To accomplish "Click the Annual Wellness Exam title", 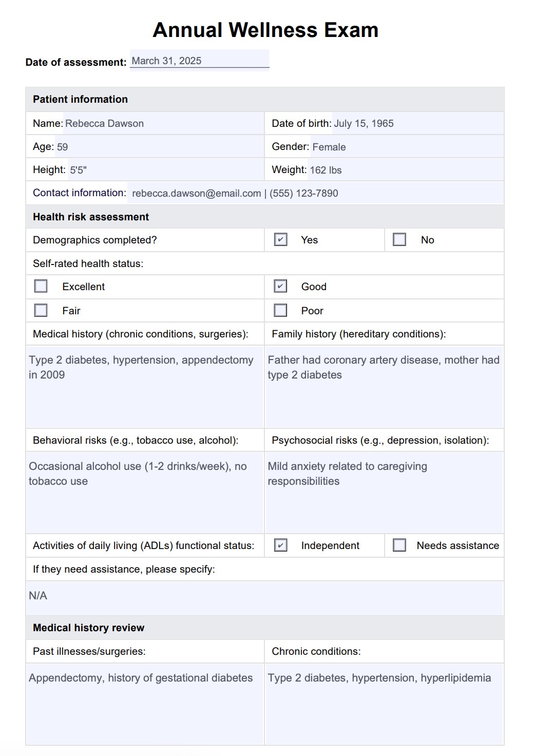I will [x=265, y=30].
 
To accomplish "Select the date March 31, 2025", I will [x=166, y=61].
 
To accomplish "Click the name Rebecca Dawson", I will [x=104, y=123].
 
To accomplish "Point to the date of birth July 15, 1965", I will [x=364, y=123].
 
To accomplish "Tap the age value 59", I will [x=62, y=147].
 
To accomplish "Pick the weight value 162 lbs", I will [x=326, y=170].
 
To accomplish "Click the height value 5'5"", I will [x=78, y=170].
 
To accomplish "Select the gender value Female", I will [x=329, y=147].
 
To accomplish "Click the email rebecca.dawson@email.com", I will [x=196, y=193].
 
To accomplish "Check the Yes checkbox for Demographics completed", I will [x=280, y=239].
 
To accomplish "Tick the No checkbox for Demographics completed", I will [x=399, y=239].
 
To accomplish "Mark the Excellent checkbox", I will [x=41, y=286].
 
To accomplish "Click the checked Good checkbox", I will [x=280, y=286].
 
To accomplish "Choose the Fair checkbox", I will [x=41, y=310].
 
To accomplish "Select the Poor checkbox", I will [x=280, y=310].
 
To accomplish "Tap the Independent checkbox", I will [x=280, y=545].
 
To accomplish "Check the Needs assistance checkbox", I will [x=399, y=545].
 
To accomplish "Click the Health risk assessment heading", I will [x=91, y=217].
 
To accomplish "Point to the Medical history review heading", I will [x=88, y=628].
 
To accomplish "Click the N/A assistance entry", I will [x=38, y=596].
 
